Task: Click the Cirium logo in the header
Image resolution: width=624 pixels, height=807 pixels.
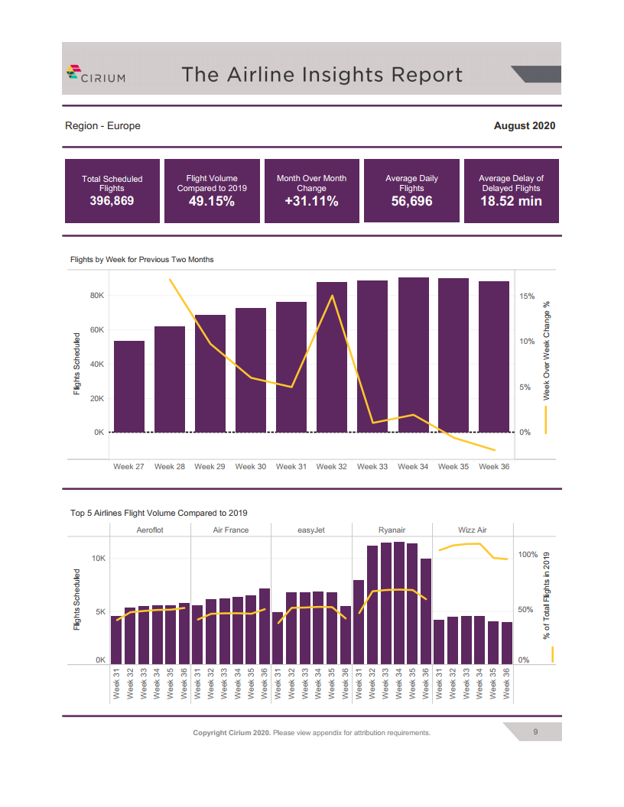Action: point(96,74)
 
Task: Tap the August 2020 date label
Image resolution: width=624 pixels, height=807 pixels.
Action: point(525,126)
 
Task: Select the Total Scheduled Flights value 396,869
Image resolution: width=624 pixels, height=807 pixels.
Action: point(112,202)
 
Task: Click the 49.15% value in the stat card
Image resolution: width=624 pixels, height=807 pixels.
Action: point(212,202)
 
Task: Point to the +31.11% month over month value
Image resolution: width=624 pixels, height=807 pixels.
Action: point(311,202)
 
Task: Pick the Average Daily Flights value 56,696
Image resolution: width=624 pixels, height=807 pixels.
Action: point(411,202)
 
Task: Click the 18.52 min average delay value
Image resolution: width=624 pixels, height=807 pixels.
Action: point(511,202)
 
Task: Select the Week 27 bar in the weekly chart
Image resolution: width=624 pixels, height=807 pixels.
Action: point(129,387)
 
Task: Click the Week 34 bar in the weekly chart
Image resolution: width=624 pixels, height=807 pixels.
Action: point(413,355)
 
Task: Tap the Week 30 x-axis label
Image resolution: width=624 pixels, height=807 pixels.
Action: point(250,466)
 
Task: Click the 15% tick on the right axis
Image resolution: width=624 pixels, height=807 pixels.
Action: point(528,296)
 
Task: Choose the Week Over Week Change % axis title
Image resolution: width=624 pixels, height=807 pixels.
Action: point(547,349)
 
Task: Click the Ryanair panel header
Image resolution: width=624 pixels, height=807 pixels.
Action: point(392,530)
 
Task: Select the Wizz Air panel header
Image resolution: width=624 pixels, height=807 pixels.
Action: point(472,530)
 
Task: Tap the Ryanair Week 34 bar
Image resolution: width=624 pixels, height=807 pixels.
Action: point(398,603)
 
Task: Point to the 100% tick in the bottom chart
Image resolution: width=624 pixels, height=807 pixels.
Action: point(528,555)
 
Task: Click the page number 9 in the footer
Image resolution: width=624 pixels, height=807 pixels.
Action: point(535,732)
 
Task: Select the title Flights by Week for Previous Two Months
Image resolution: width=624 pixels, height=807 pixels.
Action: point(142,260)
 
